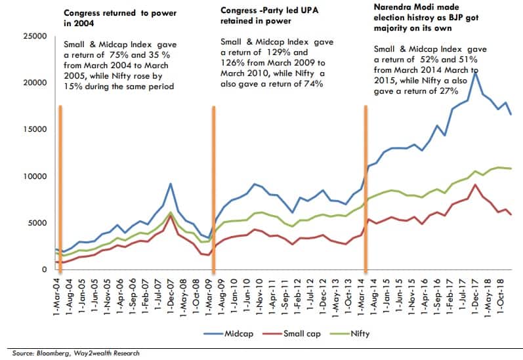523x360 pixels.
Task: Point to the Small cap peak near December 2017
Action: tap(474, 185)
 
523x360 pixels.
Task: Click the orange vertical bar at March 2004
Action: tap(60, 187)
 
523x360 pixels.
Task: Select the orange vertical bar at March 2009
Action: tap(213, 187)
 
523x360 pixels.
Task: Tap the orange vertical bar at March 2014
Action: tap(365, 187)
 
